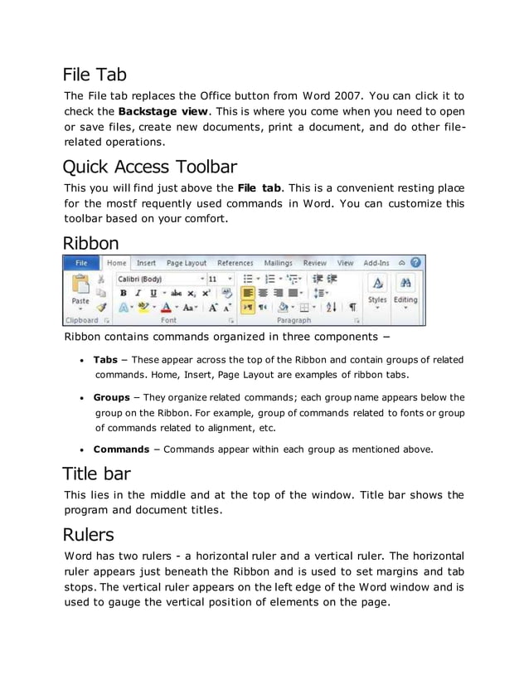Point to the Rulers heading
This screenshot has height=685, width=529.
pyautogui.click(x=89, y=534)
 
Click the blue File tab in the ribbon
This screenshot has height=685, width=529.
pyautogui.click(x=82, y=263)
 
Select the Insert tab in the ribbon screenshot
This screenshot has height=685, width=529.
pyautogui.click(x=146, y=263)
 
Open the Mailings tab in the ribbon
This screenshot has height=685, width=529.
pyautogui.click(x=278, y=263)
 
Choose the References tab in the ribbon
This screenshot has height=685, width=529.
pyautogui.click(x=235, y=263)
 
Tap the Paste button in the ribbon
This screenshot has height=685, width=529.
pyautogui.click(x=80, y=290)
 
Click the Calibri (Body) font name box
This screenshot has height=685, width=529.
pyautogui.click(x=158, y=279)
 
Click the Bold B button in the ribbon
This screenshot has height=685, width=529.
pyautogui.click(x=124, y=293)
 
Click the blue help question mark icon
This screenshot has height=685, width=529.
pyautogui.click(x=415, y=262)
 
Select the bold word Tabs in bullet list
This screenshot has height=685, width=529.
pyautogui.click(x=105, y=360)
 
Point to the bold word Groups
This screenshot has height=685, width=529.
pyautogui.click(x=111, y=397)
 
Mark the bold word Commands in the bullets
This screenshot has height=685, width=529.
pyautogui.click(x=123, y=449)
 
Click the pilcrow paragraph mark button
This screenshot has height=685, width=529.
pyautogui.click(x=352, y=307)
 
